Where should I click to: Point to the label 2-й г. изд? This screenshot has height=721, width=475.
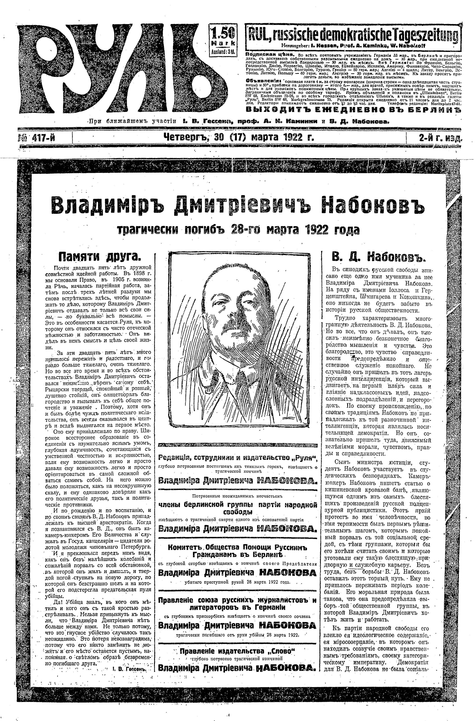coord(440,138)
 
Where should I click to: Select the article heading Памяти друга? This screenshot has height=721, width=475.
coord(100,257)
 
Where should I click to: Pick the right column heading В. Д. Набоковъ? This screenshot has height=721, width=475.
coord(379,257)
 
